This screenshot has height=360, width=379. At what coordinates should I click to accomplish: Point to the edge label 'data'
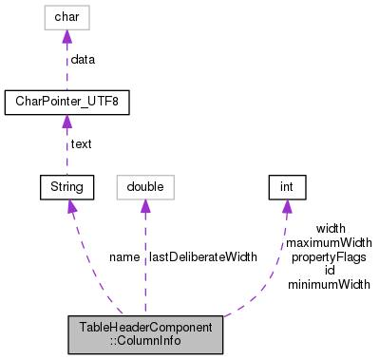click(84, 59)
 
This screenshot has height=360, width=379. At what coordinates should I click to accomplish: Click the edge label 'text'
click(82, 144)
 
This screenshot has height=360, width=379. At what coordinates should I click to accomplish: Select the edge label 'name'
click(124, 257)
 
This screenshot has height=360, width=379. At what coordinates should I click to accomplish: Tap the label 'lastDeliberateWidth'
click(201, 257)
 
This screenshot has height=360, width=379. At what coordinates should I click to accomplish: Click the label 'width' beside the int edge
click(330, 229)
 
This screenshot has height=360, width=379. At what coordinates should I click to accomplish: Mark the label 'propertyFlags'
click(330, 256)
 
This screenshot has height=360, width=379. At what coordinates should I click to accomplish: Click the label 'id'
click(330, 271)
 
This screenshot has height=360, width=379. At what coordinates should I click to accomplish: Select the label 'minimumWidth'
click(330, 284)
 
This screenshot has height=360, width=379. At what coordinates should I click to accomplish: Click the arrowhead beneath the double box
click(145, 206)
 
